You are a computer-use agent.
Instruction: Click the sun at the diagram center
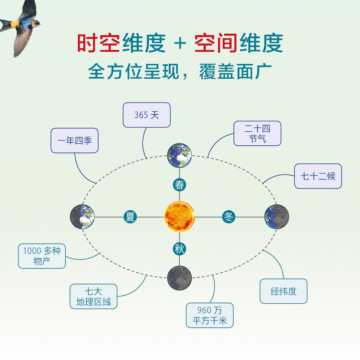coord(180,217)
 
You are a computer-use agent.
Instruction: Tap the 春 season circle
coord(180,184)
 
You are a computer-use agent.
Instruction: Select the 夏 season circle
coord(130,217)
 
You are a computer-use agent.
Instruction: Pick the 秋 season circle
coord(180,248)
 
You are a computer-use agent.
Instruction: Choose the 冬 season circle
coord(229,217)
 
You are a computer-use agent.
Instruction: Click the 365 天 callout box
coord(147,115)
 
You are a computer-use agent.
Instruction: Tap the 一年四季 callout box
coord(75,140)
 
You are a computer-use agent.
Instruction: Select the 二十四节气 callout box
coord(257,133)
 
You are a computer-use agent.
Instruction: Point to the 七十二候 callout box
coord(318,176)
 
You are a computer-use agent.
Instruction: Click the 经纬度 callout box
coord(284,291)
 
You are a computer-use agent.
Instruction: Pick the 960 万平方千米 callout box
coord(210,315)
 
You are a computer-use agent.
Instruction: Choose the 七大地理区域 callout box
coord(94,296)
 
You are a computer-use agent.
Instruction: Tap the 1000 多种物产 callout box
coord(42,256)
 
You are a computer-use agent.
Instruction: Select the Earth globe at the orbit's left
coord(82,217)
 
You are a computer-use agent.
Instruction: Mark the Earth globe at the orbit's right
coord(277,217)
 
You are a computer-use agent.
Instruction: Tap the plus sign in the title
coord(180,44)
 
